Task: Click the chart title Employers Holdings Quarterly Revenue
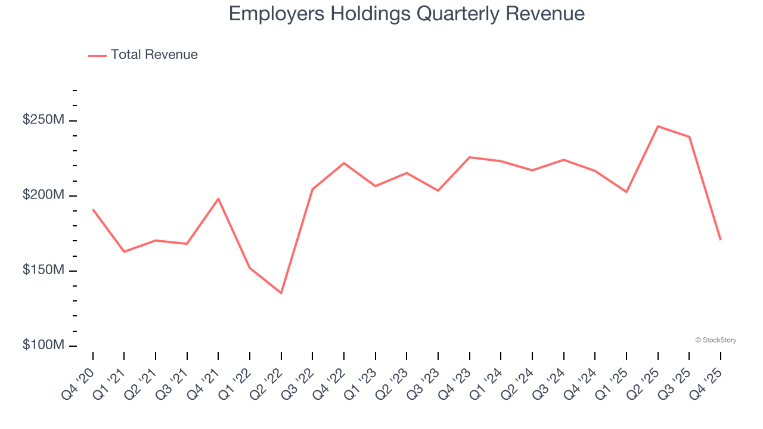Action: coord(407,14)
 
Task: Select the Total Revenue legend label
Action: coord(154,55)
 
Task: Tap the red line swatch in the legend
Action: coord(97,55)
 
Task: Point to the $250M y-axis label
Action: coord(43,120)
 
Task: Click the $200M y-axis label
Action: coord(43,195)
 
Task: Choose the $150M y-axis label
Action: coord(43,271)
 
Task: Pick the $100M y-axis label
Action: coord(43,346)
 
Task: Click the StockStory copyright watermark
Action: coord(715,340)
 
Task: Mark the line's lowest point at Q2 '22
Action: coord(281,293)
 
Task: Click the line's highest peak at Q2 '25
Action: coord(657,126)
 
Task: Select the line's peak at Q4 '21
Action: coord(218,198)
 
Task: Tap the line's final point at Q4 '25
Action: coord(721,240)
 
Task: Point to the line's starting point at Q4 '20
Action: coord(93,210)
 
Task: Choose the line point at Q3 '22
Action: coord(312,189)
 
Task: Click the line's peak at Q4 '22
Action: coord(344,163)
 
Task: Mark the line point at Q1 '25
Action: coord(626,192)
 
